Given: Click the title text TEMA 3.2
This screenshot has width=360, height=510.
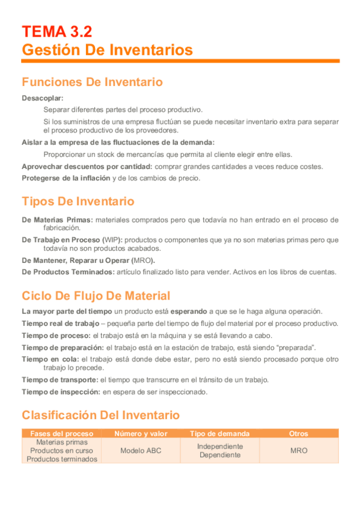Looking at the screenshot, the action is (57, 31).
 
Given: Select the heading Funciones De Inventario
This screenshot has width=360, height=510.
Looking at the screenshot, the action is (92, 82).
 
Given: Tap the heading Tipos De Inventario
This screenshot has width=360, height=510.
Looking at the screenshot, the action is (78, 201).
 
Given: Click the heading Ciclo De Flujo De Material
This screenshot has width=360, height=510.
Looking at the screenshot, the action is (96, 296).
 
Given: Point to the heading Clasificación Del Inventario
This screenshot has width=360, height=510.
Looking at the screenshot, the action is (100, 415).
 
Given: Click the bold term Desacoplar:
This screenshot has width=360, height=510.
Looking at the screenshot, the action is (43, 97).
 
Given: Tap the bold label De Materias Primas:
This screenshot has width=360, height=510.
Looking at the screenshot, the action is (58, 220).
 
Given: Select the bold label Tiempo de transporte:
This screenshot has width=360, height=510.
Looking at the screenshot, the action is (59, 379).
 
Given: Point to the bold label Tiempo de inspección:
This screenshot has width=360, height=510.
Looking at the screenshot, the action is (61, 392).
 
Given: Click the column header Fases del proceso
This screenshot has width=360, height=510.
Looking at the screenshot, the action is (62, 434).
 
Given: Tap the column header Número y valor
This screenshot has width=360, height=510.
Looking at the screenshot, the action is (141, 434).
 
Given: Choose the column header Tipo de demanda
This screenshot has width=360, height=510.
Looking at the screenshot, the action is (220, 434).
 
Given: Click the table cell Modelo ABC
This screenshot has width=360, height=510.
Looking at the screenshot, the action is (141, 450).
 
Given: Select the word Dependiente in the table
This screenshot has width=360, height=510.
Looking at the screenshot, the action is (220, 455).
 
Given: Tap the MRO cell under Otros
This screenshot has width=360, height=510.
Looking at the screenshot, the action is (299, 450).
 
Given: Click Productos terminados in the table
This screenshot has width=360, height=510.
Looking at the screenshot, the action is (62, 459).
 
